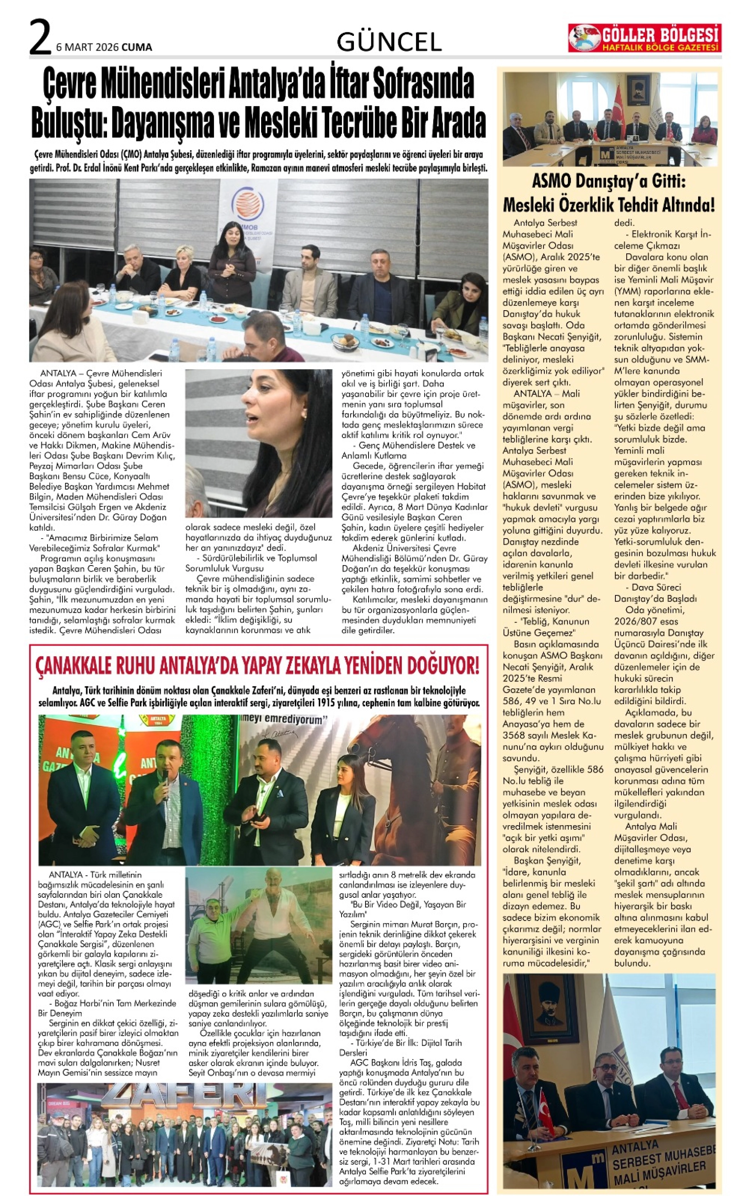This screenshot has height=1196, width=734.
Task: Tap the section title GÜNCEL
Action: [x=389, y=42]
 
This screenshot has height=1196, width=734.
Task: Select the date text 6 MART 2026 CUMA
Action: [x=104, y=47]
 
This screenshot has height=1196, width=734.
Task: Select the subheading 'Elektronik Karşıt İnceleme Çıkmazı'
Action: [x=663, y=240]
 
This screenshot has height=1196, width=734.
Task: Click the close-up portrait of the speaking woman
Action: [x=259, y=443]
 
